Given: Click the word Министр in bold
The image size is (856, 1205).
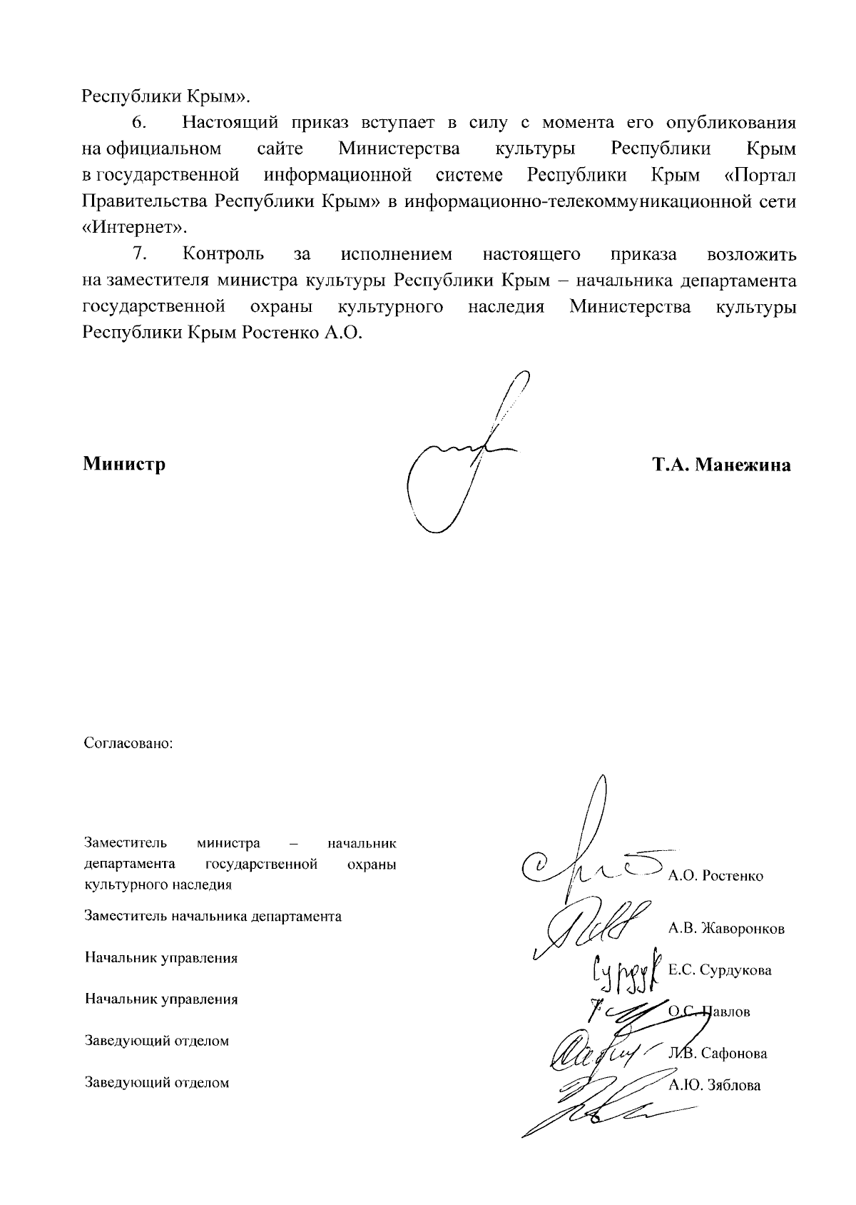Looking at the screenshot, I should click(x=124, y=465).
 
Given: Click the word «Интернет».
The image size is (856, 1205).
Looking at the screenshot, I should click(x=135, y=228).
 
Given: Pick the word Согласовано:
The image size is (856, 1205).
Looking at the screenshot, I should click(x=129, y=743).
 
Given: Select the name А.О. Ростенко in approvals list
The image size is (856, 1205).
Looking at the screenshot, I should click(x=715, y=876).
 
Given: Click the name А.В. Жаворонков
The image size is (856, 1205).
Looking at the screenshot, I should click(x=726, y=929).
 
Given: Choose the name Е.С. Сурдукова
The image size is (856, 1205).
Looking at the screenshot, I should click(x=720, y=970).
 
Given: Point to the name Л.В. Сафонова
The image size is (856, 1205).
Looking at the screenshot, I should click(x=718, y=1053).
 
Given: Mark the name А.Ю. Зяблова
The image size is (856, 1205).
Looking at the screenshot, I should click(x=715, y=1086).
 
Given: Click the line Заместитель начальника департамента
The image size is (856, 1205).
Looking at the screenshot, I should click(x=213, y=916).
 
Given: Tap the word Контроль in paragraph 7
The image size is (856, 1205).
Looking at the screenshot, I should click(x=223, y=254).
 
